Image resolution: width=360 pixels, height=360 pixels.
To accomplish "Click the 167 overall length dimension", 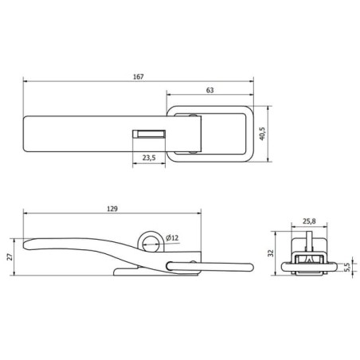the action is (x=139, y=76).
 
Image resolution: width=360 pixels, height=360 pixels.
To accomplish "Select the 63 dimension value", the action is (x=209, y=90).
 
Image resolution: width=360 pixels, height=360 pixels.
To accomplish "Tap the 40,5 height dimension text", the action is (x=262, y=134).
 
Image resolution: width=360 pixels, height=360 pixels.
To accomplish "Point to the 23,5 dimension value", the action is (x=149, y=158).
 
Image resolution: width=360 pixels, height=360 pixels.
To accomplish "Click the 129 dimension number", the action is (x=112, y=209).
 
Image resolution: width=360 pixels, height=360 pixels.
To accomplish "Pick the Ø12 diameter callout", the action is (x=172, y=238).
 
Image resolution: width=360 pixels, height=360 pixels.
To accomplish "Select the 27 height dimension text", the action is (x=10, y=256).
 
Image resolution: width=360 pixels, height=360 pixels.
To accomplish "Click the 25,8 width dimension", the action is (x=309, y=221).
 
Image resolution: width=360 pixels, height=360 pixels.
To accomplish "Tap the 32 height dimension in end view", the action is (x=271, y=253).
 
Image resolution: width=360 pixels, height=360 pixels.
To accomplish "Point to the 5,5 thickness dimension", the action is (x=347, y=268).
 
